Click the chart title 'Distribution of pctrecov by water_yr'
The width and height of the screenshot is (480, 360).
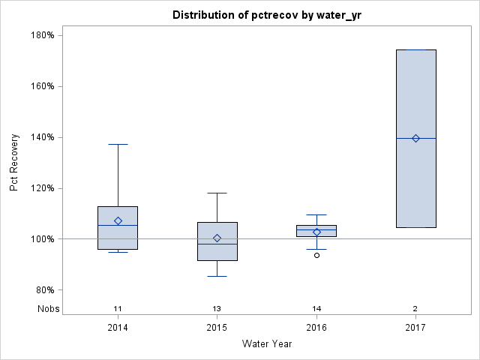(266, 15)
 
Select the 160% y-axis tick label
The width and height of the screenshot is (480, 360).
(42, 86)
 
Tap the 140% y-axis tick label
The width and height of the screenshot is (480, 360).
(42, 137)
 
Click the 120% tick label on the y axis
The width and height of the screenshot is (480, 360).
(42, 188)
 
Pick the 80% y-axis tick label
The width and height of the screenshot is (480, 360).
(44, 290)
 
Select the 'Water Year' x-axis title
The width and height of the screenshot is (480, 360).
(266, 343)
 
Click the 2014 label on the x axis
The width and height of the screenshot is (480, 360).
(118, 328)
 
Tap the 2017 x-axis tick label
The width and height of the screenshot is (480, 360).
(415, 328)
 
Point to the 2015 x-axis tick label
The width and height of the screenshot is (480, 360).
(217, 328)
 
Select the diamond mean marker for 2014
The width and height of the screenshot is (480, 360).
(118, 221)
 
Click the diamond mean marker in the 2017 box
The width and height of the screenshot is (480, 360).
(415, 138)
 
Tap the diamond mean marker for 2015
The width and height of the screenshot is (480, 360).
(217, 238)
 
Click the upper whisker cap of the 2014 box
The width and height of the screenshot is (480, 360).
(118, 144)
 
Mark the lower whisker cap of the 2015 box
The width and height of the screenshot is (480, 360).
(217, 276)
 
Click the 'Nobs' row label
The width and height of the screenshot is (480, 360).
(47, 308)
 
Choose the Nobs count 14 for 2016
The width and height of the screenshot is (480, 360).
(316, 308)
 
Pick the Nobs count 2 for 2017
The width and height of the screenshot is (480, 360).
(415, 308)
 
